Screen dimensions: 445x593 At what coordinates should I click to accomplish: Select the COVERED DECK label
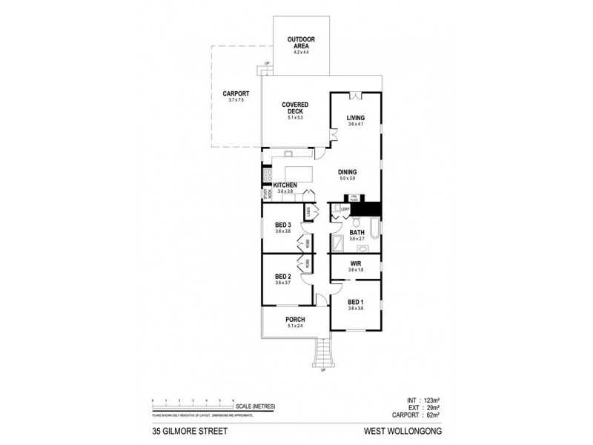[294, 108]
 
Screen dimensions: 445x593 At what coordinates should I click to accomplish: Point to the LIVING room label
[357, 117]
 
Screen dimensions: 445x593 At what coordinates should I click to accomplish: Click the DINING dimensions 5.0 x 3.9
[347, 178]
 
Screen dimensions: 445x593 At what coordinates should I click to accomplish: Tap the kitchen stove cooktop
[266, 177]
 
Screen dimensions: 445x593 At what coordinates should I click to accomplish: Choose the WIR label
[355, 263]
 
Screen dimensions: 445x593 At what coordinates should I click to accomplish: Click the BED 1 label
[356, 302]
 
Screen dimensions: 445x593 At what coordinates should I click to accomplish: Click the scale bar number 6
[233, 400]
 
